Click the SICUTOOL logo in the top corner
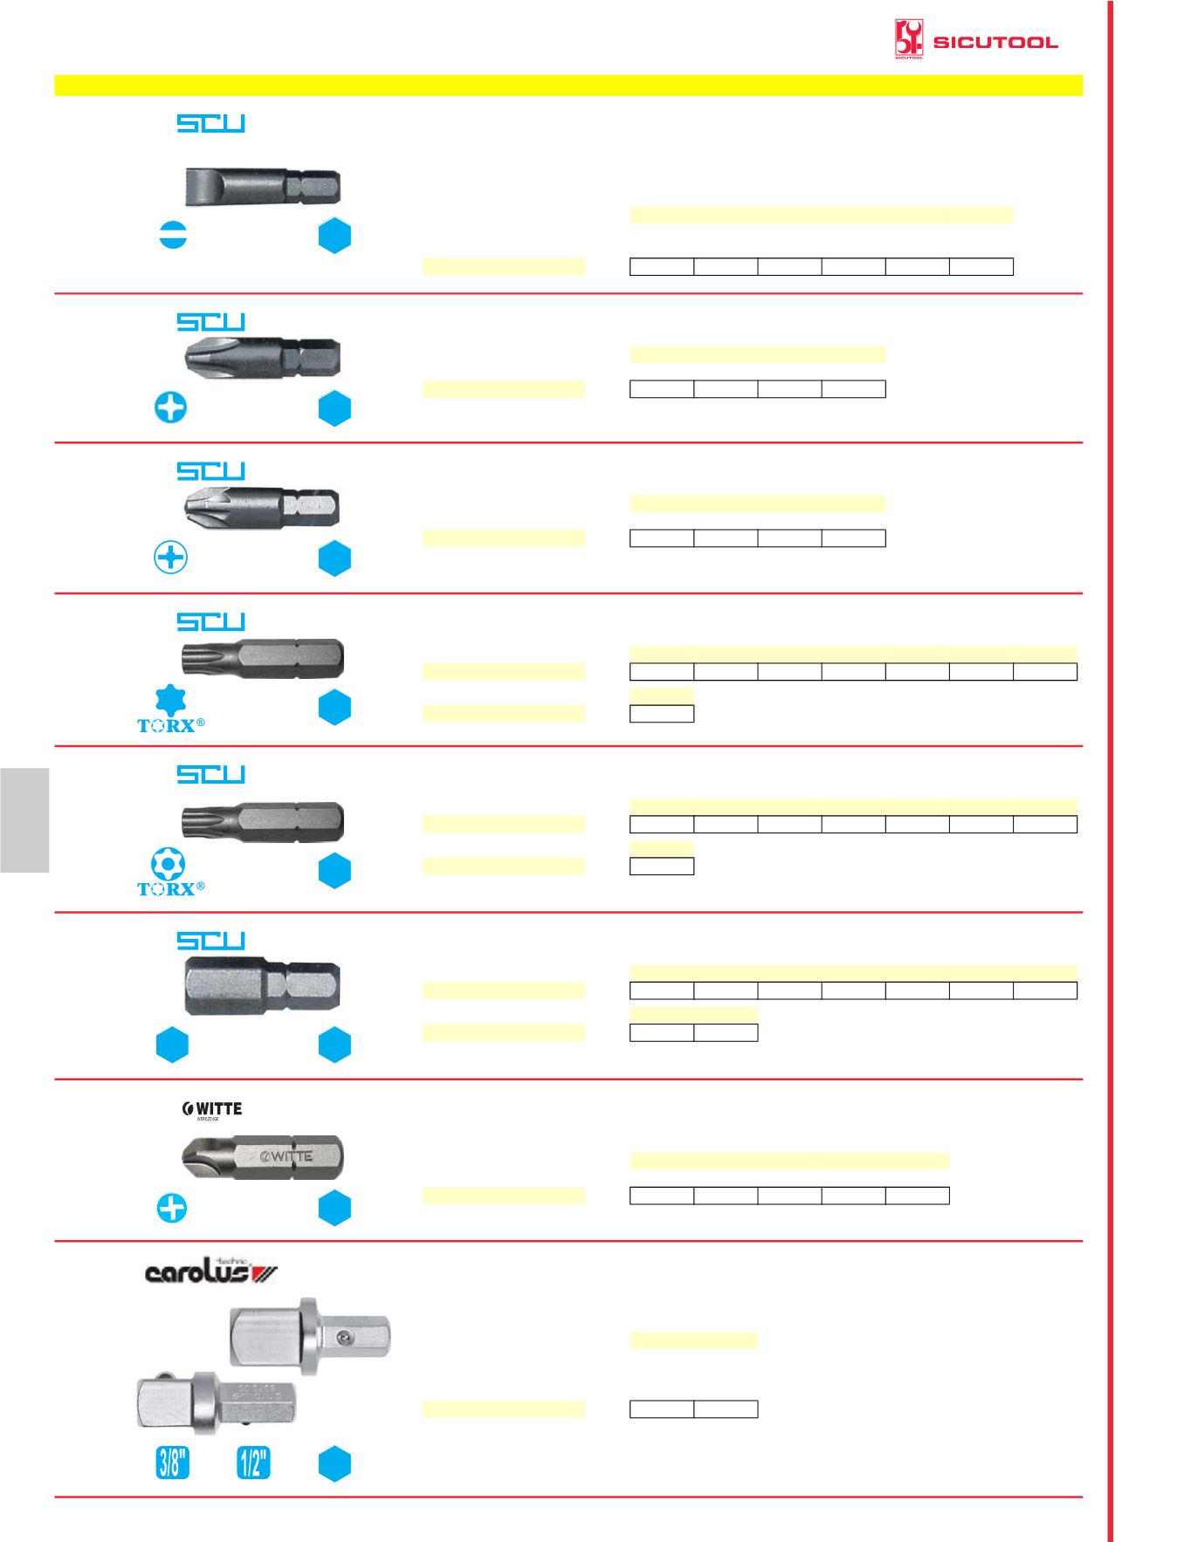975,40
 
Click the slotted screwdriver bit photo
262,187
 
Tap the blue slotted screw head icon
173,235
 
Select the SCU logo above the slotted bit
210,123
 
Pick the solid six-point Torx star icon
170,700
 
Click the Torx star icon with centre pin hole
168,864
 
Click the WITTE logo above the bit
212,1109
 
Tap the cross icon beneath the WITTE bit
172,1209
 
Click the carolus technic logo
210,1272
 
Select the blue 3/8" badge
173,1463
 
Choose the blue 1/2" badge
253,1463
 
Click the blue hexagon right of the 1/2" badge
334,1464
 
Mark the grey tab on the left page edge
24,820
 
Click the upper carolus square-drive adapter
310,1335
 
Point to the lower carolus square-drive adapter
217,1402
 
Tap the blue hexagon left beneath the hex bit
172,1045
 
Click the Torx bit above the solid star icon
262,658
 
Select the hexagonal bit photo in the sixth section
262,986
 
